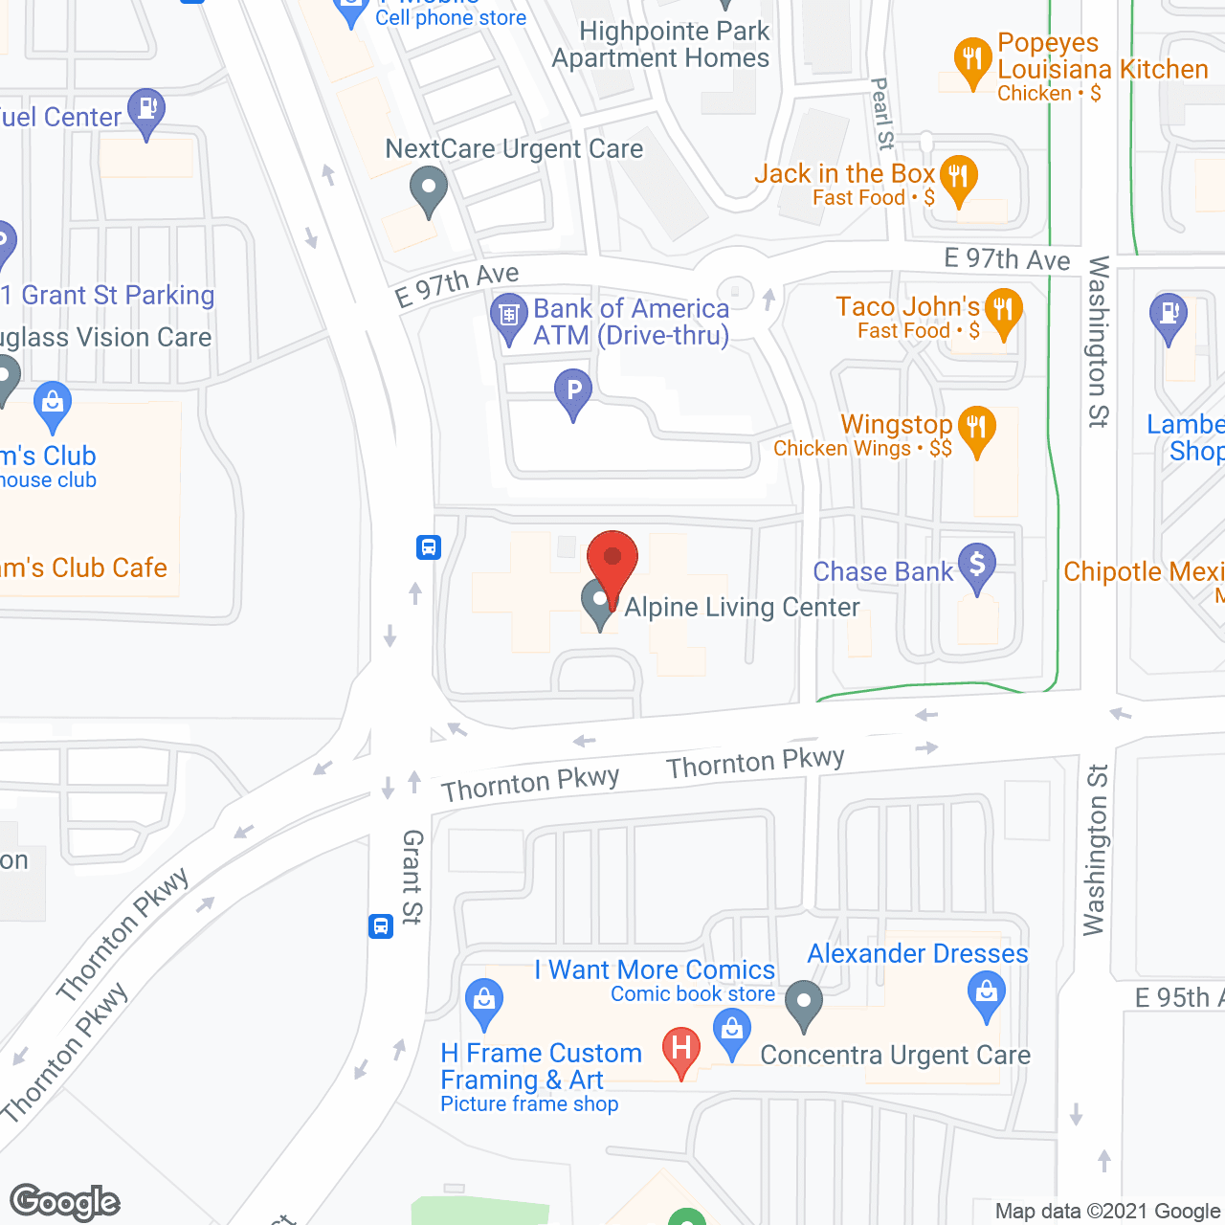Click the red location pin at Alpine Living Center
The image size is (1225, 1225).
coord(612,559)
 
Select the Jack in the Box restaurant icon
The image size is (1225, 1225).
coord(958,178)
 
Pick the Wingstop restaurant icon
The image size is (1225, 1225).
coord(976,428)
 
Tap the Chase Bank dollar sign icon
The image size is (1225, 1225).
coord(977,565)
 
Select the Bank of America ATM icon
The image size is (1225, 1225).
coord(508,318)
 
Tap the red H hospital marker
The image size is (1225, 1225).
coord(681,1049)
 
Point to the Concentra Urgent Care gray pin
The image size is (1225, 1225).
coord(804,1004)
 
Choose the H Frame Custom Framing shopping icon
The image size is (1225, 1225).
coord(484,1001)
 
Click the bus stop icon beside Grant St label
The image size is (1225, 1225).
coord(381,926)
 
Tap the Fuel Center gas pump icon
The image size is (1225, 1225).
coord(146,111)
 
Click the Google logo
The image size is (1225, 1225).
coord(65,1202)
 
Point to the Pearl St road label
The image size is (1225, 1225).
coord(882,114)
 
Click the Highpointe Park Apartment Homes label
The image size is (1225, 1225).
coord(661,45)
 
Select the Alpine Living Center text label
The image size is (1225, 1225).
coord(742,607)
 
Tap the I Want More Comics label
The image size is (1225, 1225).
coord(656,969)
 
